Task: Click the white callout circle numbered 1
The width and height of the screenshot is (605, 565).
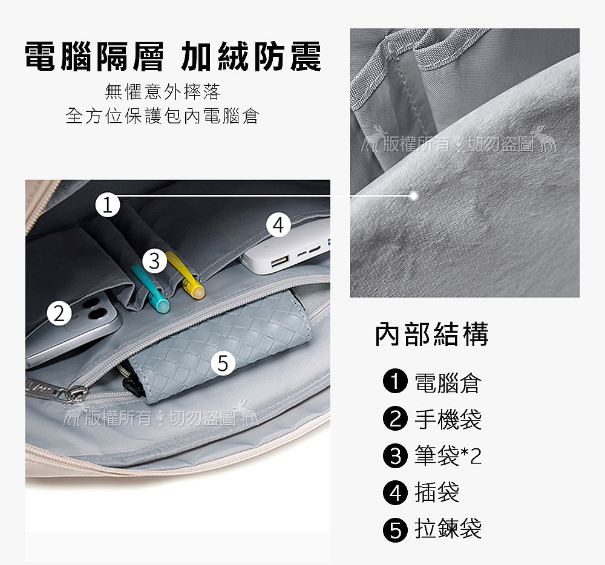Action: click(x=108, y=204)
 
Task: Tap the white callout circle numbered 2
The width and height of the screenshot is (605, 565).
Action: click(x=59, y=313)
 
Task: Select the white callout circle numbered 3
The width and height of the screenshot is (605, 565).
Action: click(x=154, y=261)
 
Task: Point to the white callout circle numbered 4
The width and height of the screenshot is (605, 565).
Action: click(x=279, y=225)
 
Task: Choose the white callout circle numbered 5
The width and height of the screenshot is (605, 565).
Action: click(x=223, y=363)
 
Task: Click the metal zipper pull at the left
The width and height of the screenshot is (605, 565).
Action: click(x=54, y=390)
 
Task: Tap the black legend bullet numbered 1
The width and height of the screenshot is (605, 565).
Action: click(x=395, y=381)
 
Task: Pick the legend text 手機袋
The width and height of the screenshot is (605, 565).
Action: click(x=448, y=419)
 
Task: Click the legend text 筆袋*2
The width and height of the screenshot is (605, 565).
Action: click(x=448, y=456)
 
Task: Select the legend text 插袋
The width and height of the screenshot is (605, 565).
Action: click(x=437, y=492)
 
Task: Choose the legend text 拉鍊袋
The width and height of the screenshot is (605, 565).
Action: click(x=448, y=528)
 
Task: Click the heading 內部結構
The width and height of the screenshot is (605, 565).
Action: click(x=432, y=334)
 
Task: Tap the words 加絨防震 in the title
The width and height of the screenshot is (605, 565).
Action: click(x=251, y=56)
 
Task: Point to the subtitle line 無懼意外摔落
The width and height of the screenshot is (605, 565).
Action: click(x=162, y=92)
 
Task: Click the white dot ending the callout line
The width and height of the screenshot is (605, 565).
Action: click(x=414, y=196)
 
